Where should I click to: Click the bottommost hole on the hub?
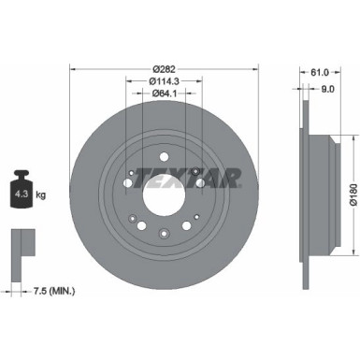(x=163, y=233)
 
